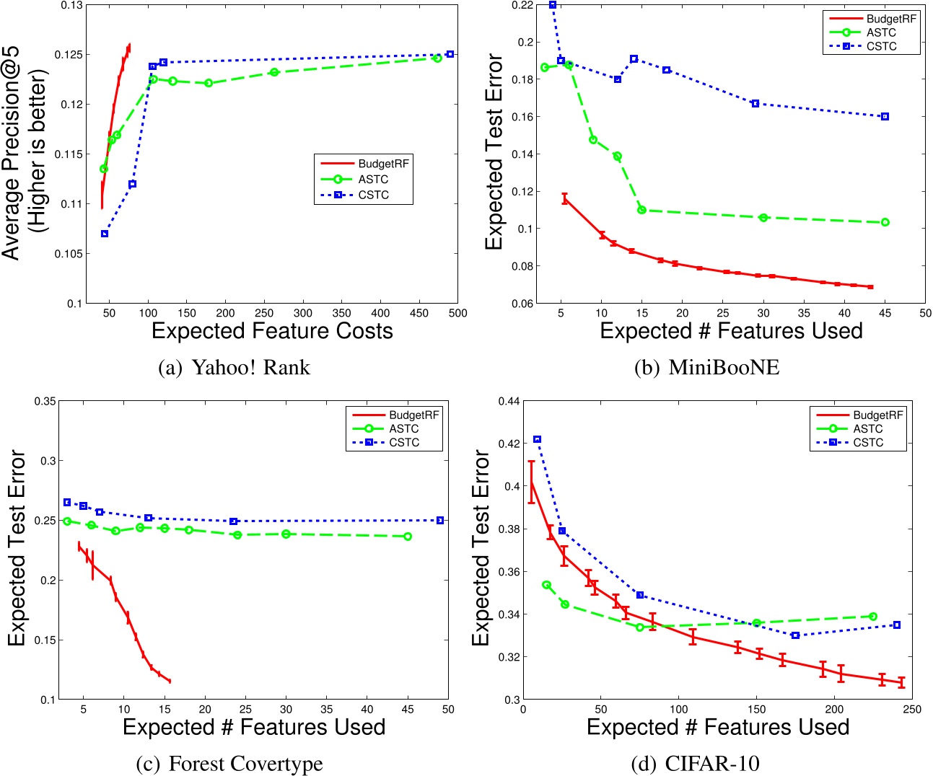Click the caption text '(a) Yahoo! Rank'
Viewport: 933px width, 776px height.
click(234, 367)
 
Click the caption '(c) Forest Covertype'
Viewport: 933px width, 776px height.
click(229, 763)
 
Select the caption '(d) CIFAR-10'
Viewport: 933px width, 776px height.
click(695, 763)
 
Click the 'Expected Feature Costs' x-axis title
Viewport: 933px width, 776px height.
click(272, 331)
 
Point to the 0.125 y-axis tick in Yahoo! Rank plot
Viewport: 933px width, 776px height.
click(69, 55)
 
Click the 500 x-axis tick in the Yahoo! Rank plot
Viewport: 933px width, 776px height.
click(457, 313)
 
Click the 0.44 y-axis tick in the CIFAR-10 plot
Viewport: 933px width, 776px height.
click(509, 401)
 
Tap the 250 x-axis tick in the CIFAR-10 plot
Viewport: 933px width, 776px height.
click(912, 710)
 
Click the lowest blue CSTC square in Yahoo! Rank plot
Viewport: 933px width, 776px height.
click(105, 234)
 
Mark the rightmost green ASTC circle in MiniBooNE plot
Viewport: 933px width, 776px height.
click(885, 222)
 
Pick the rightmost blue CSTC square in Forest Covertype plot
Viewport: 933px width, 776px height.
click(440, 520)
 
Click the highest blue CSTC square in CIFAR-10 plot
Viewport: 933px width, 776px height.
click(537, 439)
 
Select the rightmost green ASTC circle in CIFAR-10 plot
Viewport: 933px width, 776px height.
click(873, 617)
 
